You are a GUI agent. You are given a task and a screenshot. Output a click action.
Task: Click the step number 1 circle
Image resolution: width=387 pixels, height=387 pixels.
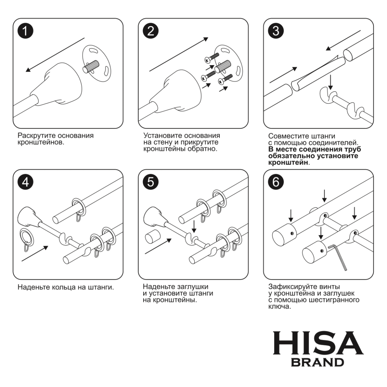[25, 31]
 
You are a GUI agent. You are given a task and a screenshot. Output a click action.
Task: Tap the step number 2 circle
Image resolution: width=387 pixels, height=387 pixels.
[150, 31]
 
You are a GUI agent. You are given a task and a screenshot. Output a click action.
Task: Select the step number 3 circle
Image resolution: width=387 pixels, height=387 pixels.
[276, 31]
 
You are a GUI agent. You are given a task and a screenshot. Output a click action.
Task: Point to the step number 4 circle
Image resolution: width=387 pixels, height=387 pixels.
[25, 182]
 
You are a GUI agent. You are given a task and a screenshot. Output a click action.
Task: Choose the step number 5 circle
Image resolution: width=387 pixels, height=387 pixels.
[150, 182]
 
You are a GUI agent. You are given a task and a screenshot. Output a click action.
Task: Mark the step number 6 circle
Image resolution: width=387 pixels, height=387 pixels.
[276, 182]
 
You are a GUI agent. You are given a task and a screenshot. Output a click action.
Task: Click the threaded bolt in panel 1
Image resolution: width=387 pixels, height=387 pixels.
[91, 67]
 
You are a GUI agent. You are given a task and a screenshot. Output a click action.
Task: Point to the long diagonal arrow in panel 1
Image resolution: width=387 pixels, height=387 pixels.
[55, 55]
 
